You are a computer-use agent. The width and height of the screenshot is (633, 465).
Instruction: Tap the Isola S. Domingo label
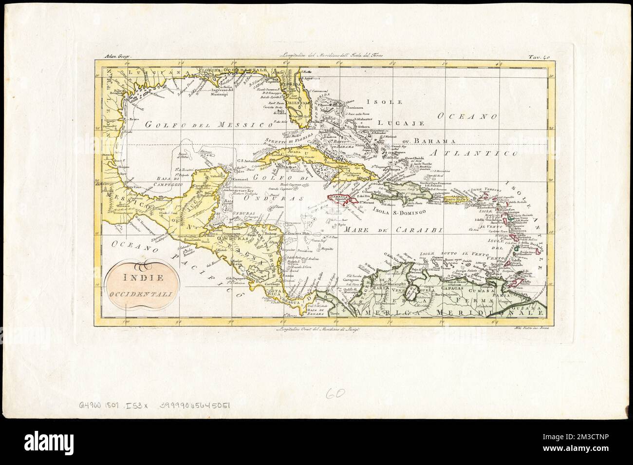click(x=395, y=211)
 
